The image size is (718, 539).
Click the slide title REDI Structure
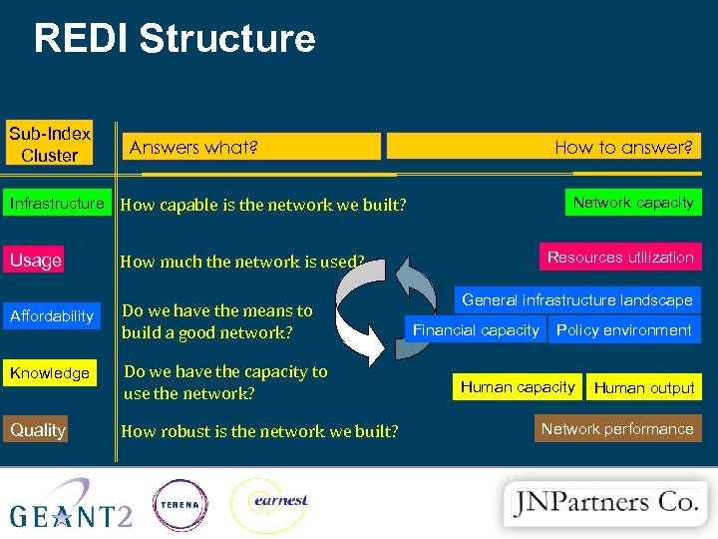pyautogui.click(x=175, y=39)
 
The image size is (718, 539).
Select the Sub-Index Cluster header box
pyautogui.click(x=50, y=144)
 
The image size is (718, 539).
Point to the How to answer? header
pyautogui.click(x=543, y=147)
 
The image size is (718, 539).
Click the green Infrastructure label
pyautogui.click(x=57, y=204)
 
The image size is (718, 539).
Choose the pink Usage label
pyautogui.click(x=36, y=261)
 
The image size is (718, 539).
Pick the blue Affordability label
pyautogui.click(x=52, y=316)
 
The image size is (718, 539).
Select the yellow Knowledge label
pyautogui.click(x=50, y=373)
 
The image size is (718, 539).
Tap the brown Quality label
pyautogui.click(x=37, y=430)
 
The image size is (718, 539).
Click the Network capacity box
pyautogui.click(x=633, y=203)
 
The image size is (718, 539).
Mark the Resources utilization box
pyautogui.click(x=620, y=258)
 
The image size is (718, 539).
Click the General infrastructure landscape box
pyautogui.click(x=577, y=300)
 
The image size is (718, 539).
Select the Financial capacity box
pyautogui.click(x=476, y=329)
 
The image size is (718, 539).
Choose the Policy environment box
pyautogui.click(x=624, y=329)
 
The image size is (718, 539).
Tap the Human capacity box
pyautogui.click(x=518, y=386)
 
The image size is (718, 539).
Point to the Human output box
pyautogui.click(x=644, y=387)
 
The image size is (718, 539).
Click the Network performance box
pyautogui.click(x=617, y=429)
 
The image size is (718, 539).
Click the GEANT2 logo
pyautogui.click(x=70, y=505)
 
